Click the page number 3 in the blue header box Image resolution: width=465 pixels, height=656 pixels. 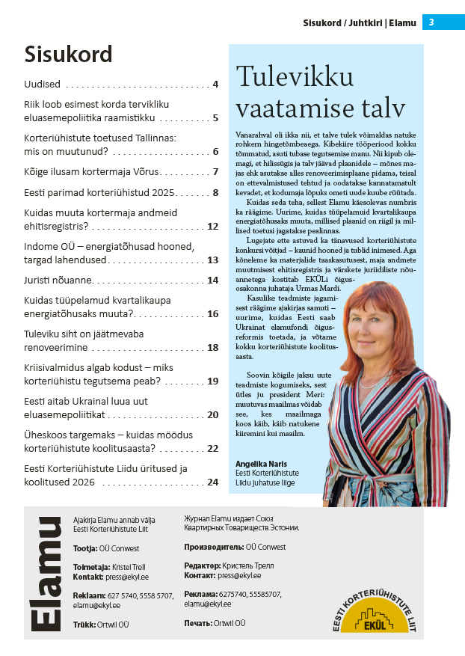pyautogui.click(x=431, y=22)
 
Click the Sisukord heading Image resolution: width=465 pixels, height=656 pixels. pyautogui.click(x=68, y=55)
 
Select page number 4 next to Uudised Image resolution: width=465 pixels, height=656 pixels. pyautogui.click(x=215, y=85)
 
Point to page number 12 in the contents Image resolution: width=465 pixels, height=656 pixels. pyautogui.click(x=212, y=226)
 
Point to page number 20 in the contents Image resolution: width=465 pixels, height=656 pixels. pyautogui.click(x=212, y=414)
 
